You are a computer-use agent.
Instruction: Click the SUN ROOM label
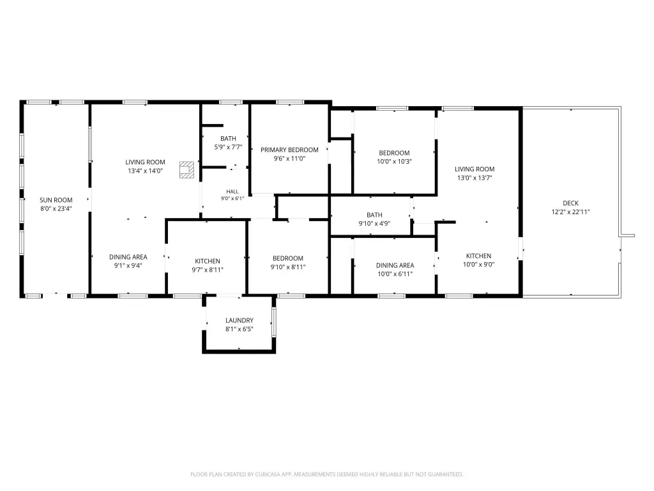(x=56, y=200)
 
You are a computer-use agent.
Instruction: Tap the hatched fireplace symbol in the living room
(x=187, y=170)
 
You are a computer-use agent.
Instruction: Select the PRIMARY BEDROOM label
(x=289, y=150)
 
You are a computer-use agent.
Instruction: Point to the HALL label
(x=232, y=192)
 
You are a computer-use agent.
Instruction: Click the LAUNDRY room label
(x=240, y=320)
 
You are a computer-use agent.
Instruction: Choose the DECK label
(x=570, y=203)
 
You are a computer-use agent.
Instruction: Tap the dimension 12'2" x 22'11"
(x=570, y=212)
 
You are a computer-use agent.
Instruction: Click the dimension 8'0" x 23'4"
(x=56, y=209)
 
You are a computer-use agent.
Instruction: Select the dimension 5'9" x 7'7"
(x=228, y=148)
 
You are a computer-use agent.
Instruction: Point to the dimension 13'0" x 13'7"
(x=475, y=178)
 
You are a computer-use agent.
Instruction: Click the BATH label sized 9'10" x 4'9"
(x=374, y=215)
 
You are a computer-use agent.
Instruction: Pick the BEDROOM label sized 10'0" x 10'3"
(x=394, y=153)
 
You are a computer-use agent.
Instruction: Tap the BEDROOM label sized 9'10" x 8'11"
(x=288, y=258)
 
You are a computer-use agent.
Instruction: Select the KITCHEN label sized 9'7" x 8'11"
(x=208, y=261)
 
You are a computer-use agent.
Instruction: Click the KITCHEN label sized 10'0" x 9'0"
(x=478, y=256)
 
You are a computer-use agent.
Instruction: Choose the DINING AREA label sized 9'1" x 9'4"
(x=128, y=257)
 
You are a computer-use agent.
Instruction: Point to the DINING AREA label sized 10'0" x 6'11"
(x=395, y=265)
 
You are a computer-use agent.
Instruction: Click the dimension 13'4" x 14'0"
(x=145, y=171)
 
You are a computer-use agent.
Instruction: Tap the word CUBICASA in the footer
(x=268, y=474)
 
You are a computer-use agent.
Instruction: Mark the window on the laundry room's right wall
(x=273, y=322)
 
